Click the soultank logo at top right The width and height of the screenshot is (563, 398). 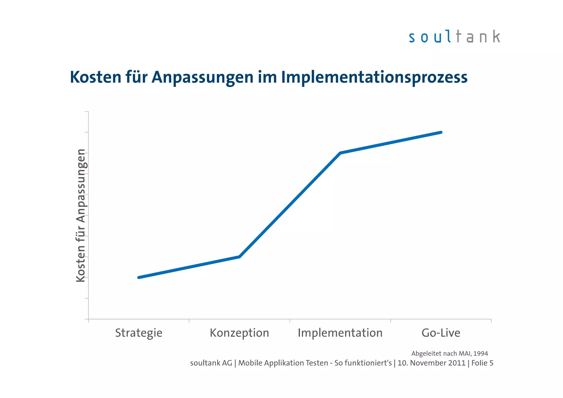(x=454, y=37)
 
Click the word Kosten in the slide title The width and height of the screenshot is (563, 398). (x=95, y=77)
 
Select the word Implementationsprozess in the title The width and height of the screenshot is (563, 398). (x=374, y=77)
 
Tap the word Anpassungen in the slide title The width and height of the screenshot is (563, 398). (x=202, y=77)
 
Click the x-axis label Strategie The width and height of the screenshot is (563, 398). (x=139, y=333)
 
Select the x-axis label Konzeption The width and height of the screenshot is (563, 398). (x=239, y=333)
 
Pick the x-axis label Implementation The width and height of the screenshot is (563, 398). (x=340, y=333)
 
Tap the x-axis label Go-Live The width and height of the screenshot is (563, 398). (x=441, y=333)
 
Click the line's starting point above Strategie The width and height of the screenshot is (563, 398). (x=139, y=277)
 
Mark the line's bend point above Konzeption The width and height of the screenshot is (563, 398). (x=239, y=257)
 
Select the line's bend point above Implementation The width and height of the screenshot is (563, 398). (x=340, y=153)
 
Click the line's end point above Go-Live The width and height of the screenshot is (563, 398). (x=441, y=132)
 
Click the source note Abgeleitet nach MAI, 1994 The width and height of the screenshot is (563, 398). (x=449, y=353)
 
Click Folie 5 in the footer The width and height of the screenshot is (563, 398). (x=482, y=363)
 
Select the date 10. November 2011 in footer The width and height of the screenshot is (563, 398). (x=431, y=363)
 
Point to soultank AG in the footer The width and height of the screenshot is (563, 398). (x=211, y=363)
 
